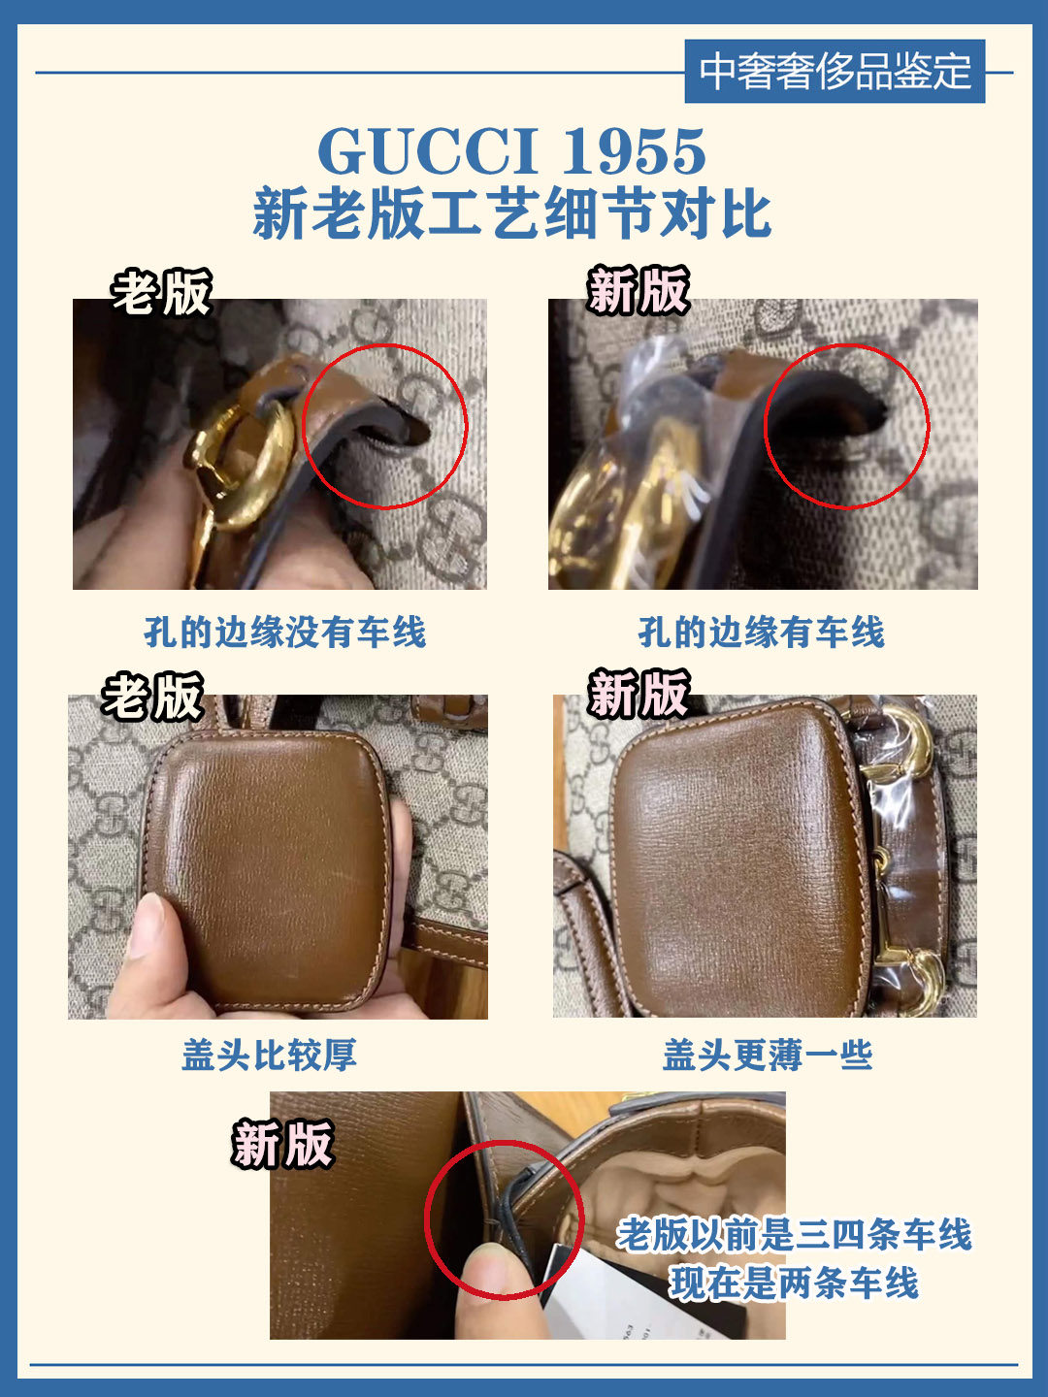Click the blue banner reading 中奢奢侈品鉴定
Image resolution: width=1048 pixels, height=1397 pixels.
tap(835, 71)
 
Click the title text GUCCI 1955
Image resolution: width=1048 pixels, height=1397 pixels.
tap(512, 150)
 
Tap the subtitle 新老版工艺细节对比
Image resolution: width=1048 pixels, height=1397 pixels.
tap(512, 213)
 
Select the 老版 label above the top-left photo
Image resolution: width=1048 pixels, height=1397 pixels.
tap(162, 292)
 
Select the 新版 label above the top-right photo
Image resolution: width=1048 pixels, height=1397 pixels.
tap(639, 290)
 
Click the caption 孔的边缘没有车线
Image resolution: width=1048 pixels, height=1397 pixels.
tap(284, 632)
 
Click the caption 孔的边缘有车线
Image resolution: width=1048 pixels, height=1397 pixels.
tap(762, 632)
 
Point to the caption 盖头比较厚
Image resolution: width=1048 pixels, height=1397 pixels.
tap(269, 1056)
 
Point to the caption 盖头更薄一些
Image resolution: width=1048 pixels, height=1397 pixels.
tap(768, 1056)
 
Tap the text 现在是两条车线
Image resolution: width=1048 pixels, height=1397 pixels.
tap(794, 1283)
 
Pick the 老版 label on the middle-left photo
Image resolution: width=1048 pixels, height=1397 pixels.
tap(152, 697)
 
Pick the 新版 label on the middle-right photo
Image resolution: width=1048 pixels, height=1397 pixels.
tap(639, 694)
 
